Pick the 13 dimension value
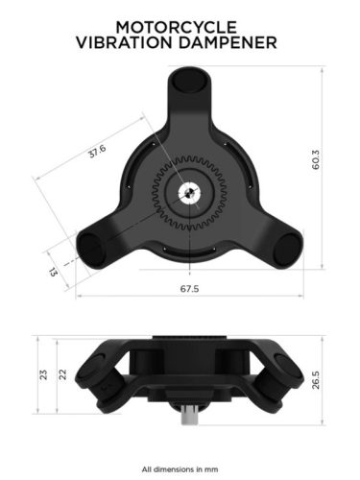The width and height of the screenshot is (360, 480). (54, 272)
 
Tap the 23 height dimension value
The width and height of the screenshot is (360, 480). (43, 374)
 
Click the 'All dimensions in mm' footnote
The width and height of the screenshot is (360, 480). (180, 469)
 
